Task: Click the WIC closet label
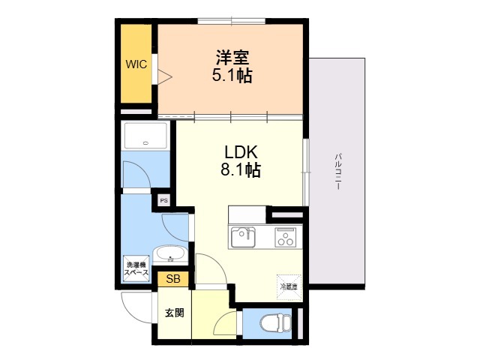(136, 64)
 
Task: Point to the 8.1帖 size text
(240, 170)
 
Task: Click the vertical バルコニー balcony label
(338, 172)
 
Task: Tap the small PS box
(163, 201)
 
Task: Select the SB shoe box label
(173, 279)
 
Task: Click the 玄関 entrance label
(175, 313)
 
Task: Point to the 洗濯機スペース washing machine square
(137, 268)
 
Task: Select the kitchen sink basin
(242, 237)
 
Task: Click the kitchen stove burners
(285, 238)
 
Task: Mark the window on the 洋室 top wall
(231, 20)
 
